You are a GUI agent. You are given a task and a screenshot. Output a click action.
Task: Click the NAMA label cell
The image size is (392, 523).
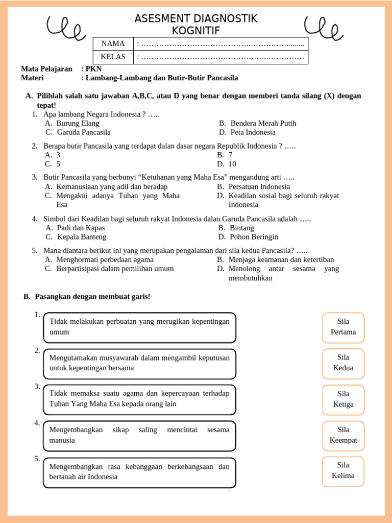tap(113, 44)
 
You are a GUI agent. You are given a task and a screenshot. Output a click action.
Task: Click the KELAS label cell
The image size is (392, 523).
tap(113, 57)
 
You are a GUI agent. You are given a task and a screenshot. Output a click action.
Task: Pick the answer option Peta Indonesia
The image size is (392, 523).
tap(253, 132)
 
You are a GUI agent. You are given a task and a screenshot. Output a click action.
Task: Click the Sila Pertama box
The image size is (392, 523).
tap(343, 327)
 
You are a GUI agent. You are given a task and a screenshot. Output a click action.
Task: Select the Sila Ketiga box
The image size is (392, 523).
tap(343, 399)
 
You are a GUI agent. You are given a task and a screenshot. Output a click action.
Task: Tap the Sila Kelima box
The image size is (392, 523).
tap(343, 471)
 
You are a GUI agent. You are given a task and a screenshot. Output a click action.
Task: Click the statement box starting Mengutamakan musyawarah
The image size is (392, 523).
tap(140, 363)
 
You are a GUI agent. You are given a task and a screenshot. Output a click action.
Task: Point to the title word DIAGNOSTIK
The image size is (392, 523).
tap(224, 19)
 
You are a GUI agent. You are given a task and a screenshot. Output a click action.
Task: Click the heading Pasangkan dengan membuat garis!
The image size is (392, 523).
tap(92, 297)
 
